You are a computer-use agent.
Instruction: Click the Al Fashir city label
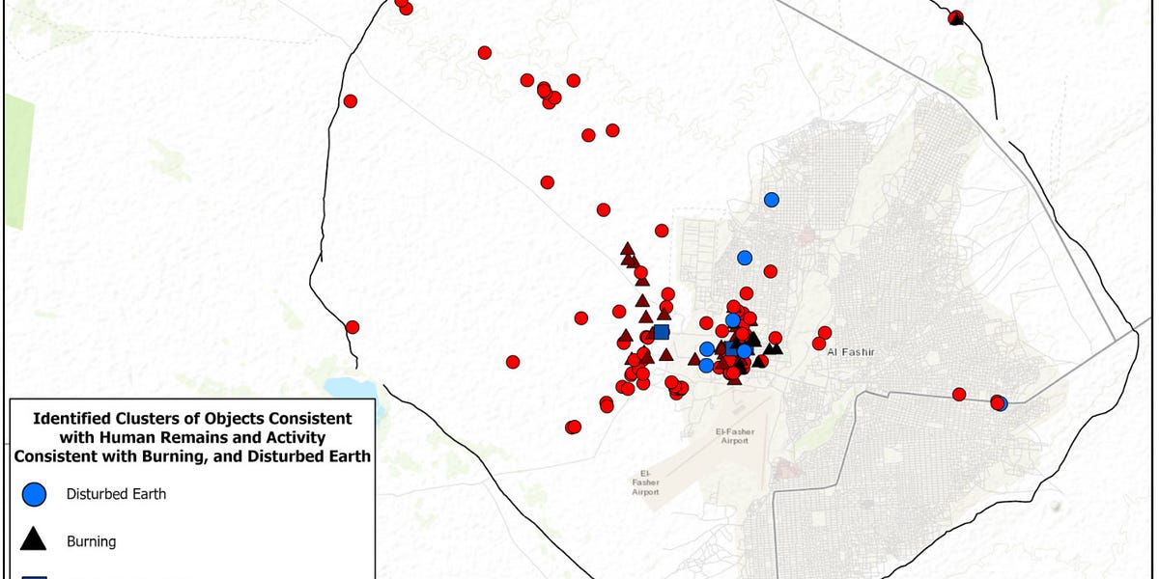[x=850, y=352]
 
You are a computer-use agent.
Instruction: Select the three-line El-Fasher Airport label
[x=645, y=482]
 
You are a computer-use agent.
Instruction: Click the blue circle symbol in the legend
[x=34, y=494]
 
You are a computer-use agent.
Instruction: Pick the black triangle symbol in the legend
[x=34, y=540]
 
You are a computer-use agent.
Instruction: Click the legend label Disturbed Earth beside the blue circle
[x=116, y=494]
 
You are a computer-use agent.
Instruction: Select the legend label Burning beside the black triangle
[x=91, y=541]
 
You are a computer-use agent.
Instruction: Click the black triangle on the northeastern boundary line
[x=956, y=17]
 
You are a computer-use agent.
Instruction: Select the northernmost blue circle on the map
[x=771, y=200]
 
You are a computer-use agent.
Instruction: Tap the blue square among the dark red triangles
[x=661, y=333]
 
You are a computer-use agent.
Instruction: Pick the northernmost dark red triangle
[x=627, y=249]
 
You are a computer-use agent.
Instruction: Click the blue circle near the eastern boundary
[x=1002, y=403]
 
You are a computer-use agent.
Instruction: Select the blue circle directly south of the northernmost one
[x=745, y=258]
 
